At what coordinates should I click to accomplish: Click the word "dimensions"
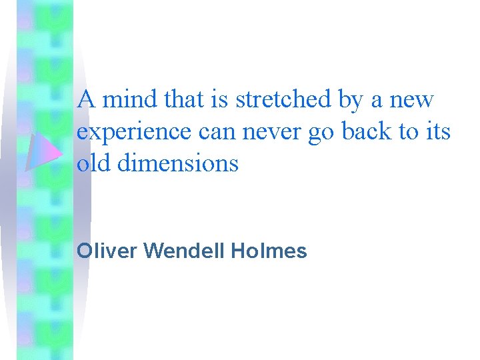(x=177, y=163)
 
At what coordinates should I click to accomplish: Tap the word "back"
(x=367, y=131)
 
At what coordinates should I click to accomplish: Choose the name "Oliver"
(x=107, y=251)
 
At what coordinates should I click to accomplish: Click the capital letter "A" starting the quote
(x=85, y=100)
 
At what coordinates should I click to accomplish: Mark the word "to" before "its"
(x=407, y=132)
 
